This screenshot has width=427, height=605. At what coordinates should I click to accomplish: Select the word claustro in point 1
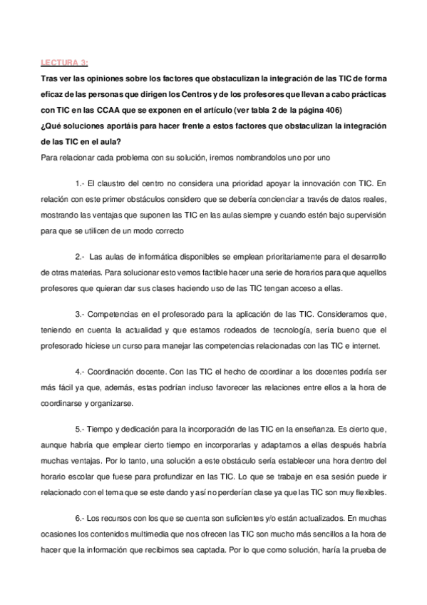click(114, 182)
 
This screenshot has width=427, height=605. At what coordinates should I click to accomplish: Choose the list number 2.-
click(80, 256)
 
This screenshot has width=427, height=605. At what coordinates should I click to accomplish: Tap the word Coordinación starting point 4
click(116, 372)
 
